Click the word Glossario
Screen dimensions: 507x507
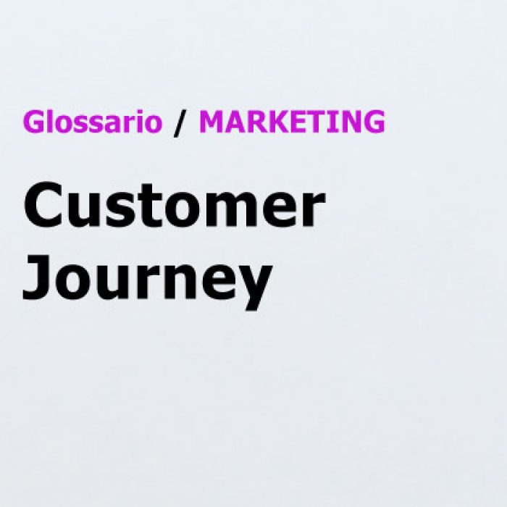[92, 121]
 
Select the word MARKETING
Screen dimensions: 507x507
[293, 122]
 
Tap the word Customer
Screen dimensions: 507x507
[174, 205]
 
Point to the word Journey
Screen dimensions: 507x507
[147, 279]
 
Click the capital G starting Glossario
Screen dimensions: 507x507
[33, 122]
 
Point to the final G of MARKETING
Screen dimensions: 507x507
[374, 122]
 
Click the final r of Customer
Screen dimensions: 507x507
[314, 210]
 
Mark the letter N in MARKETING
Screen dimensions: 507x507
[350, 121]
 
